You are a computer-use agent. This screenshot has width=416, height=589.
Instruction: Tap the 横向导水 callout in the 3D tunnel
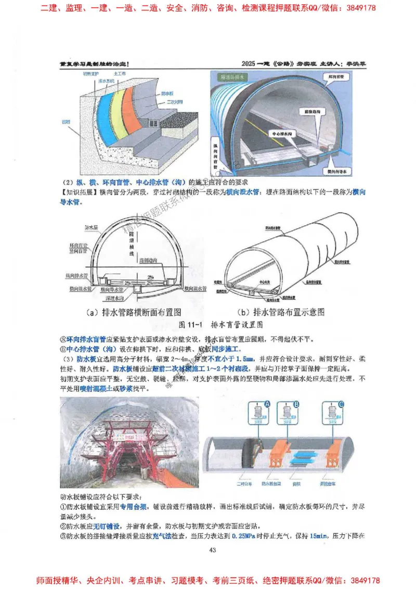coord(337,170)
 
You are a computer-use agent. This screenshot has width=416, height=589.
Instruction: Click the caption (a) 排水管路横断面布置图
coord(134,313)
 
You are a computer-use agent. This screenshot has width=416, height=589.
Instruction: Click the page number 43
coord(212,550)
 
